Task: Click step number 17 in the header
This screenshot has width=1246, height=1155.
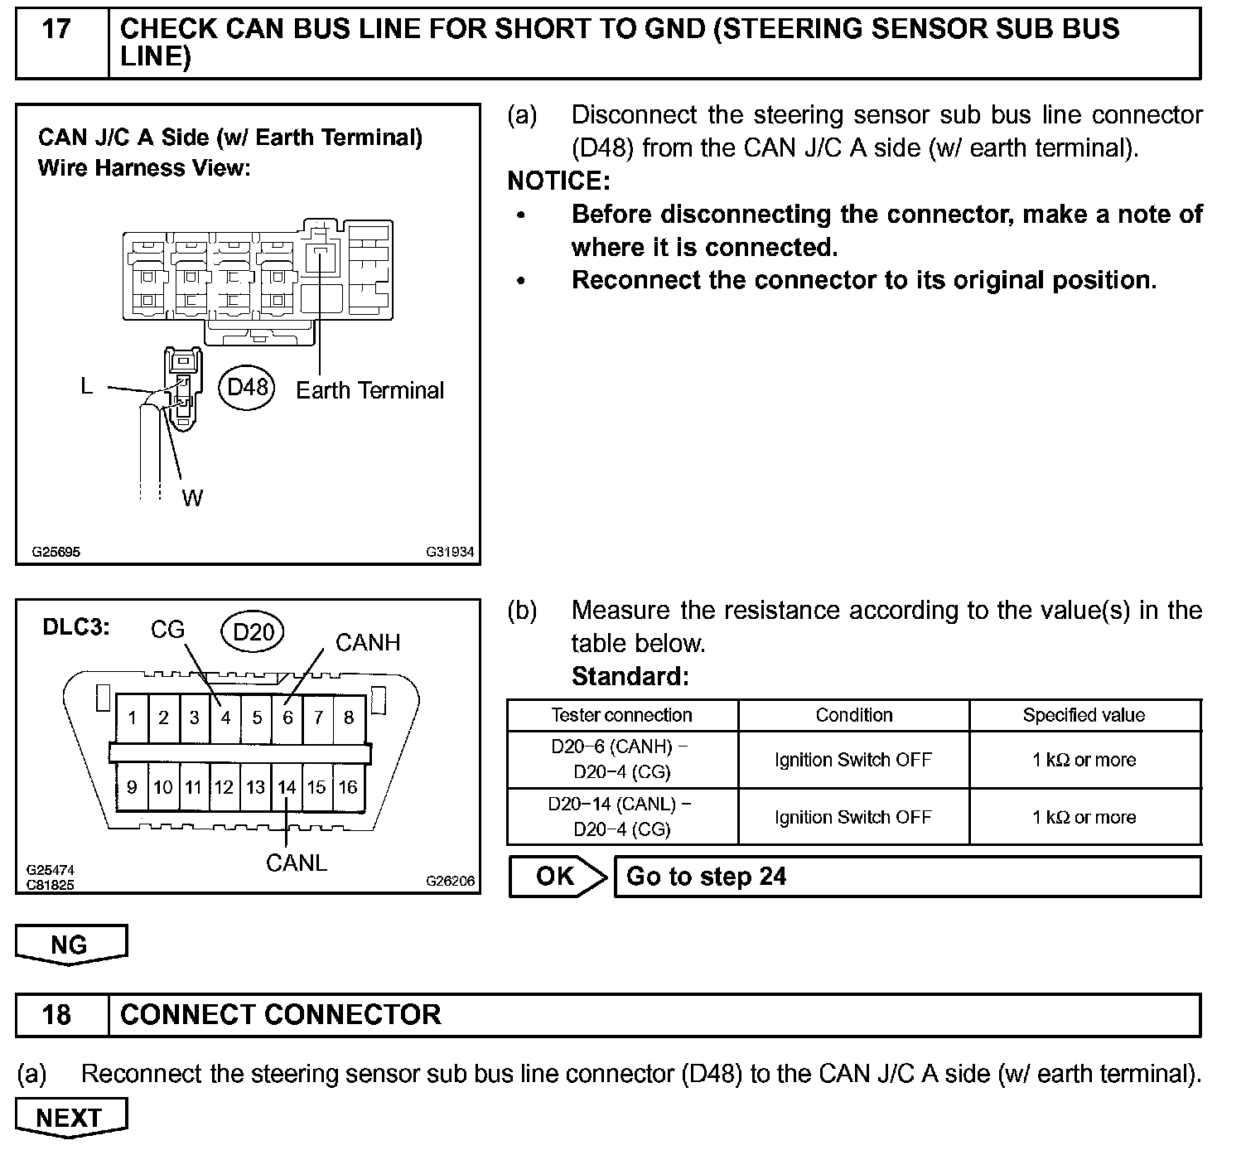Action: click(56, 31)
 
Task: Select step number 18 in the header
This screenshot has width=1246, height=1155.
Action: click(56, 1015)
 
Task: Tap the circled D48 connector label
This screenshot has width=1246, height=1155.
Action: click(248, 387)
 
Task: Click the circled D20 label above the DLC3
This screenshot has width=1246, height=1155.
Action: click(253, 632)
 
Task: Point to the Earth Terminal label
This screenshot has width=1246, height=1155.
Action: click(369, 390)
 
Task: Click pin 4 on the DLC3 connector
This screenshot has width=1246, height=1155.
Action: click(225, 718)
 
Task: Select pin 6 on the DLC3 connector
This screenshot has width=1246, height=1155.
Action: click(287, 718)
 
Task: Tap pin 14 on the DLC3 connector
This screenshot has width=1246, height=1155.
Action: click(287, 787)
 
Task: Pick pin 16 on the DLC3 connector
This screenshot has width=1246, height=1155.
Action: click(348, 787)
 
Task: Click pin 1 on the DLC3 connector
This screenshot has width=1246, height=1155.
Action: click(133, 718)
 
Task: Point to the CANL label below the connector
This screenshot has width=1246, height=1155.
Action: click(297, 863)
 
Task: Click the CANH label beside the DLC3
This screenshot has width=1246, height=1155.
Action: click(367, 642)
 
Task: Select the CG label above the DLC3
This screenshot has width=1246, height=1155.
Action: click(167, 630)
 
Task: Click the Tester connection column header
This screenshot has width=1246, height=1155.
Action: click(621, 715)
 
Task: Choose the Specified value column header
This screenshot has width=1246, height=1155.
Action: click(1084, 715)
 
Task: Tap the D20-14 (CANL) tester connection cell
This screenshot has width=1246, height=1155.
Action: click(621, 816)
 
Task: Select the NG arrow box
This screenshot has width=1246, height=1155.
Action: click(70, 945)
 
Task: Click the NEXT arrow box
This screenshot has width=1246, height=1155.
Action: click(70, 1117)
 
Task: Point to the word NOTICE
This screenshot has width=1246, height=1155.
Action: click(558, 181)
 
